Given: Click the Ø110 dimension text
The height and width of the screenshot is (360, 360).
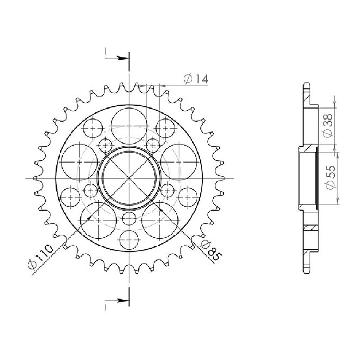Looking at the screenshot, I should point(40,257).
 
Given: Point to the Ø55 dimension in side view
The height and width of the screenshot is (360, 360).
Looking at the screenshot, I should point(330,177).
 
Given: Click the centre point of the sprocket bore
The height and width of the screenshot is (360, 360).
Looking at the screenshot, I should point(129,178).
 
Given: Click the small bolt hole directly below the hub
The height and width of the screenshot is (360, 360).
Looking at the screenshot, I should point(129,219).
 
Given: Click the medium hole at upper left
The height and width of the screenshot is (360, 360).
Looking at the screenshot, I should point(93,128).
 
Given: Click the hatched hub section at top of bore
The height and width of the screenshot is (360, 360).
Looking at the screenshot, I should point(308,148).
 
